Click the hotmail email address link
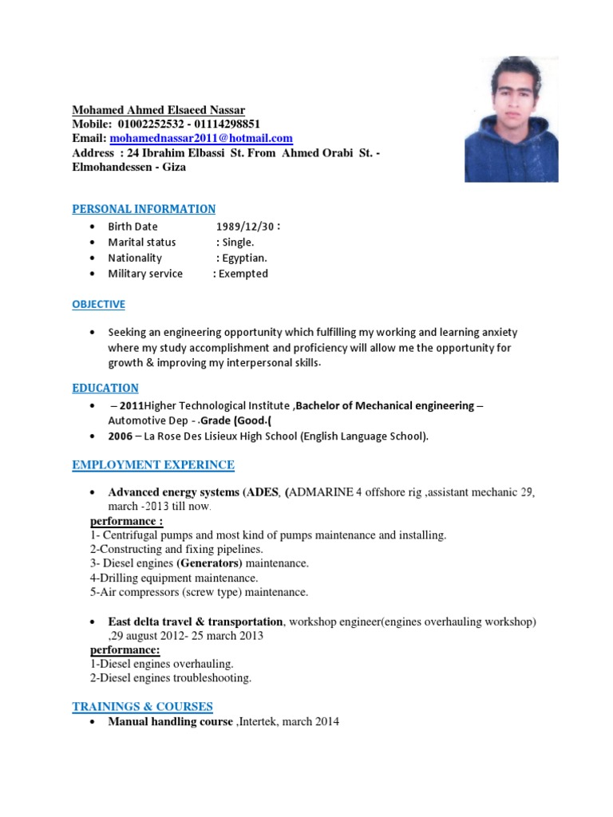click(x=201, y=138)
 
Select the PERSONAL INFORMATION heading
click(x=144, y=209)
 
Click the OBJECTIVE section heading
click(x=99, y=304)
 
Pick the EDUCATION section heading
click(x=105, y=388)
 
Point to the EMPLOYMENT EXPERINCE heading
click(x=153, y=464)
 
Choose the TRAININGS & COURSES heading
click(x=142, y=706)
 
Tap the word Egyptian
click(x=244, y=258)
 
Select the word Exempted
click(x=243, y=274)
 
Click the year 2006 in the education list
click(x=121, y=436)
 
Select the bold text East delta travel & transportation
click(x=196, y=622)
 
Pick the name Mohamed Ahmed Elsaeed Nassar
click(x=159, y=109)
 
